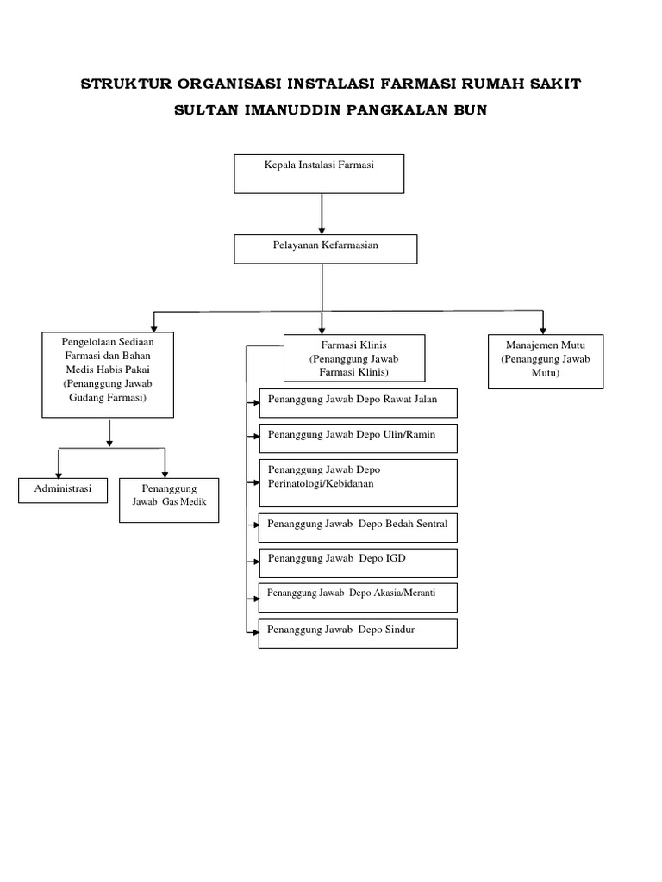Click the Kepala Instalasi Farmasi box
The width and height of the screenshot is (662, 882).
click(x=319, y=173)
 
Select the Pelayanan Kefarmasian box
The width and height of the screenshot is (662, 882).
click(x=326, y=249)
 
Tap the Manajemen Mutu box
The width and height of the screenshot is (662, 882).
click(x=545, y=362)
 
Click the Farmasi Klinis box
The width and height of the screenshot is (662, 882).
click(x=353, y=357)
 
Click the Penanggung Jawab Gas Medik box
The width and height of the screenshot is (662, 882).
click(x=169, y=500)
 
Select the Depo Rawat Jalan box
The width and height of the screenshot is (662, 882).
click(x=358, y=403)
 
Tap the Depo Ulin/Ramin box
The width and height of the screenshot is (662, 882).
click(x=358, y=438)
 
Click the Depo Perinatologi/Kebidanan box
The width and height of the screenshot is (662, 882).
click(x=358, y=482)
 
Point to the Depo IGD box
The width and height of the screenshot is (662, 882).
click(x=358, y=562)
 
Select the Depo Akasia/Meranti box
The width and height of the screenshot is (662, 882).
click(x=358, y=597)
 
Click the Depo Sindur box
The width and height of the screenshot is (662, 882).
click(x=358, y=633)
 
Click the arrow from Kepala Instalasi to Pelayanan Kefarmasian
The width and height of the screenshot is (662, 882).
click(x=322, y=214)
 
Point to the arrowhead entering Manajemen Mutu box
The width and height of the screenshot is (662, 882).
click(x=543, y=329)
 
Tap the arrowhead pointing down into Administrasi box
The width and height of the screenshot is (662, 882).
click(x=58, y=474)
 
